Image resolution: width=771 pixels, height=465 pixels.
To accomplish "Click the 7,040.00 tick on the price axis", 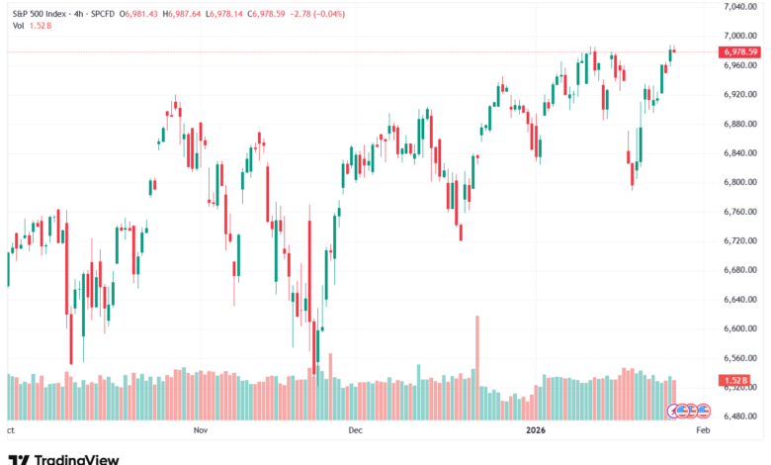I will pyautogui.click(x=739, y=6).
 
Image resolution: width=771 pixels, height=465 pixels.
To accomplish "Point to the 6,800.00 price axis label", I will pyautogui.click(x=739, y=182).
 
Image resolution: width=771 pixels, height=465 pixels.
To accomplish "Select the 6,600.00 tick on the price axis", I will pyautogui.click(x=739, y=328).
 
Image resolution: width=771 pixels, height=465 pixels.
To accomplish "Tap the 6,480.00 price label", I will pyautogui.click(x=739, y=417).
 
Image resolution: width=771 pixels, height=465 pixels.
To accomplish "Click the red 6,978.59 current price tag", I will pyautogui.click(x=739, y=51).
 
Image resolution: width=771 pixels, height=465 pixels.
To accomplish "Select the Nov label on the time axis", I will pyautogui.click(x=201, y=431).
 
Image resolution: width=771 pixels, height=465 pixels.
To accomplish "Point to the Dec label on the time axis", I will pyautogui.click(x=356, y=431).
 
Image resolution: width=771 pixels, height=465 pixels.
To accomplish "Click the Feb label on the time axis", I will pyautogui.click(x=703, y=431).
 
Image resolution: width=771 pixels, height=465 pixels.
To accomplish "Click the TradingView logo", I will pyautogui.click(x=64, y=459).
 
